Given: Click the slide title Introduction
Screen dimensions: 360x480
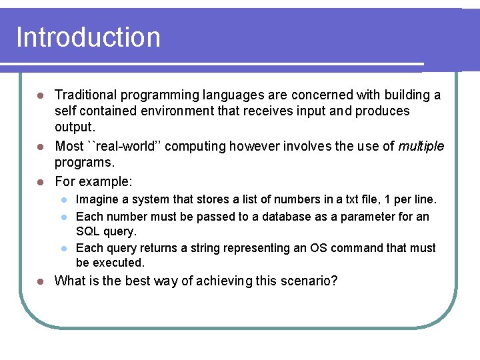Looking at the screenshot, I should coord(88,37).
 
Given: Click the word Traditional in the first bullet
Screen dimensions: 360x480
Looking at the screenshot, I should coord(85,95).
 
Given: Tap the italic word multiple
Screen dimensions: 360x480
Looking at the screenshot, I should coord(421,146).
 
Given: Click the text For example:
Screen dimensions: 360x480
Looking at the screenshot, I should coord(93,181).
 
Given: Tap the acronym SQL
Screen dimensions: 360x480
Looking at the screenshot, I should coord(87,231).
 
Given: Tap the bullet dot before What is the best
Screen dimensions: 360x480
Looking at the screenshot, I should coord(40,281).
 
